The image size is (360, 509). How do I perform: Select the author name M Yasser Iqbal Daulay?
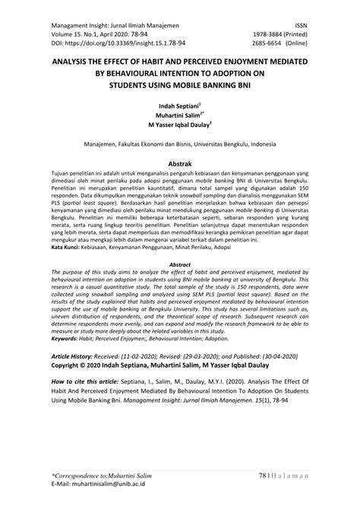click(x=178, y=128)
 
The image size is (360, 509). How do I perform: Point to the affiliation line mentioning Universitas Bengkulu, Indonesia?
click(x=180, y=143)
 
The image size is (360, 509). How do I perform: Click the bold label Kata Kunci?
click(x=67, y=248)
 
